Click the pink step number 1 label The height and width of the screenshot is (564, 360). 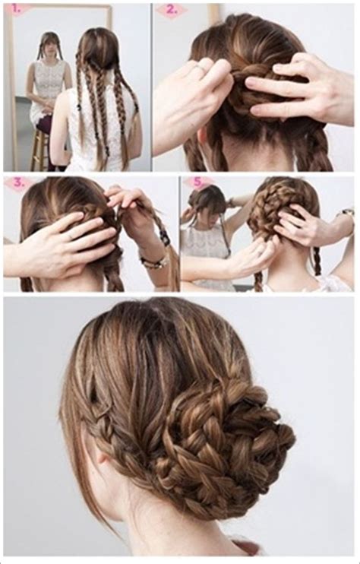tap(15, 10)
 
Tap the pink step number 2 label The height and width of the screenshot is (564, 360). tap(172, 10)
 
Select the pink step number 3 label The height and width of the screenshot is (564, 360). tap(18, 183)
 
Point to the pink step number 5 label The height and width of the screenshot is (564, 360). tap(197, 182)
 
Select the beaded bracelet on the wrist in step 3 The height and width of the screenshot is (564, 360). tap(155, 261)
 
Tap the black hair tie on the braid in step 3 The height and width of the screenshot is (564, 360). tap(166, 236)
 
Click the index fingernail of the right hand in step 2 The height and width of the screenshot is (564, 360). tap(251, 83)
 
